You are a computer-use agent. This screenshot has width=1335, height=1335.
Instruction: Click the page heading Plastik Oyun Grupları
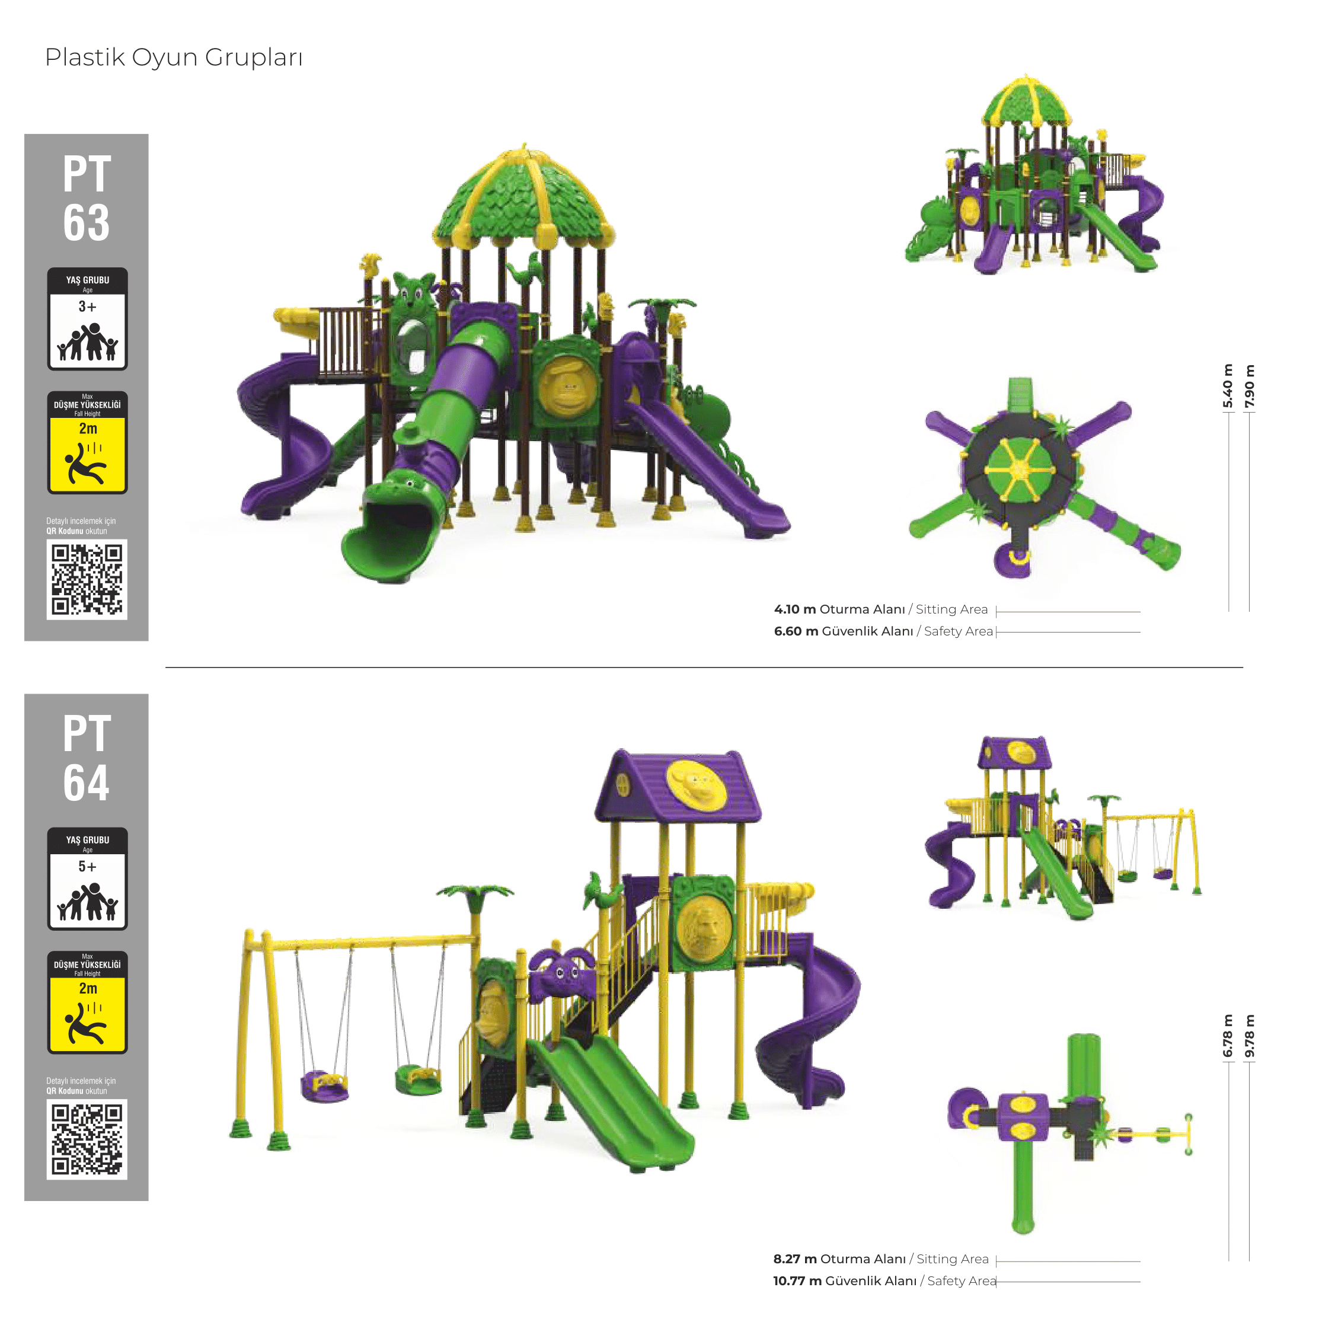click(x=174, y=58)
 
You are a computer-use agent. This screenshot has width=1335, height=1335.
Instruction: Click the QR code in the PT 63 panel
click(x=87, y=579)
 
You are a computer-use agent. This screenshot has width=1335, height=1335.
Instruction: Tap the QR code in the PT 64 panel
click(x=87, y=1139)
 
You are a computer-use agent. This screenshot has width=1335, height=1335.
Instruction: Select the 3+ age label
click(x=87, y=306)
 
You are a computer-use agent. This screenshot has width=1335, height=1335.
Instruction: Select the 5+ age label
click(x=87, y=866)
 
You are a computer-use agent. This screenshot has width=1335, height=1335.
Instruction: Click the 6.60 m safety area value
click(x=796, y=631)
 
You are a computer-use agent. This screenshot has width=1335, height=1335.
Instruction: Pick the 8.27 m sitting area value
click(x=794, y=1259)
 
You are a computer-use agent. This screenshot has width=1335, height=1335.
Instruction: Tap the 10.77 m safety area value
click(x=797, y=1280)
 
